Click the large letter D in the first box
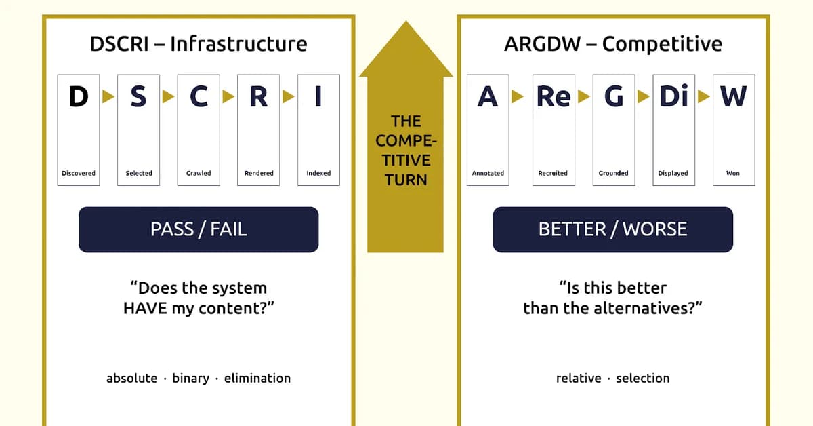tap(79, 97)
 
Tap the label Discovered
tap(79, 173)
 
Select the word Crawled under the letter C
tap(199, 173)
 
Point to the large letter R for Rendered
tap(258, 97)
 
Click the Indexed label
tap(318, 173)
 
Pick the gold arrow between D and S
tap(108, 97)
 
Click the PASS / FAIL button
tap(199, 229)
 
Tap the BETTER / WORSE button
tap(613, 229)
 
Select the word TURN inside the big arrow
tap(406, 180)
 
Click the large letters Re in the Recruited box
tap(554, 97)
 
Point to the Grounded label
tap(613, 173)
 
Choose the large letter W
tap(734, 97)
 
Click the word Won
tap(733, 173)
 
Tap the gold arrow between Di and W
tap(704, 97)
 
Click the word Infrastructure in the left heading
tap(238, 44)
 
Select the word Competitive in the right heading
tap(662, 44)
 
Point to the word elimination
tap(257, 379)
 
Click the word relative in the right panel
tap(579, 379)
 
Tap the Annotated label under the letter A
tap(488, 173)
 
